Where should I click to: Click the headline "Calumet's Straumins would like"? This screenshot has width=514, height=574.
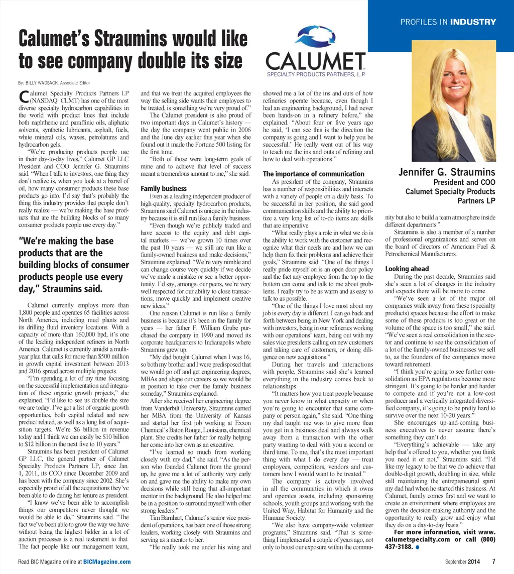coord(133,39)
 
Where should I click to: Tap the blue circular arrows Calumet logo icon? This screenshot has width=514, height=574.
coord(314,37)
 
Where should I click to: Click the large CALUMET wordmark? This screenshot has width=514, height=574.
coord(315,63)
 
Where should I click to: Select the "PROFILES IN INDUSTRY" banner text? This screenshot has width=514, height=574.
coord(448,22)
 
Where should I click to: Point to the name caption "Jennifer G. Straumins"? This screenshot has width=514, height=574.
coord(447,173)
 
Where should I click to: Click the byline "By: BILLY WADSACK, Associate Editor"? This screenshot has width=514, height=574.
coord(54,82)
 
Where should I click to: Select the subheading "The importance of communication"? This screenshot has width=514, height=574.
coord(314,174)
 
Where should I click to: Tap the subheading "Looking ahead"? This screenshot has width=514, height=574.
coord(407,269)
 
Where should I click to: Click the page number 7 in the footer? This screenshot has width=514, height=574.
coord(493,561)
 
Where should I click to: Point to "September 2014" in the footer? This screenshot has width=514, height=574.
coord(466,561)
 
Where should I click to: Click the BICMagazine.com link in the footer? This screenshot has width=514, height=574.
coord(107,561)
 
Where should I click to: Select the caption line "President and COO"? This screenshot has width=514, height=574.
coord(464,182)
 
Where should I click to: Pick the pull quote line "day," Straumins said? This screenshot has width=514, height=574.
coord(60,289)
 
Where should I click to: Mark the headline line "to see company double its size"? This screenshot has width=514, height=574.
coord(130,61)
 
